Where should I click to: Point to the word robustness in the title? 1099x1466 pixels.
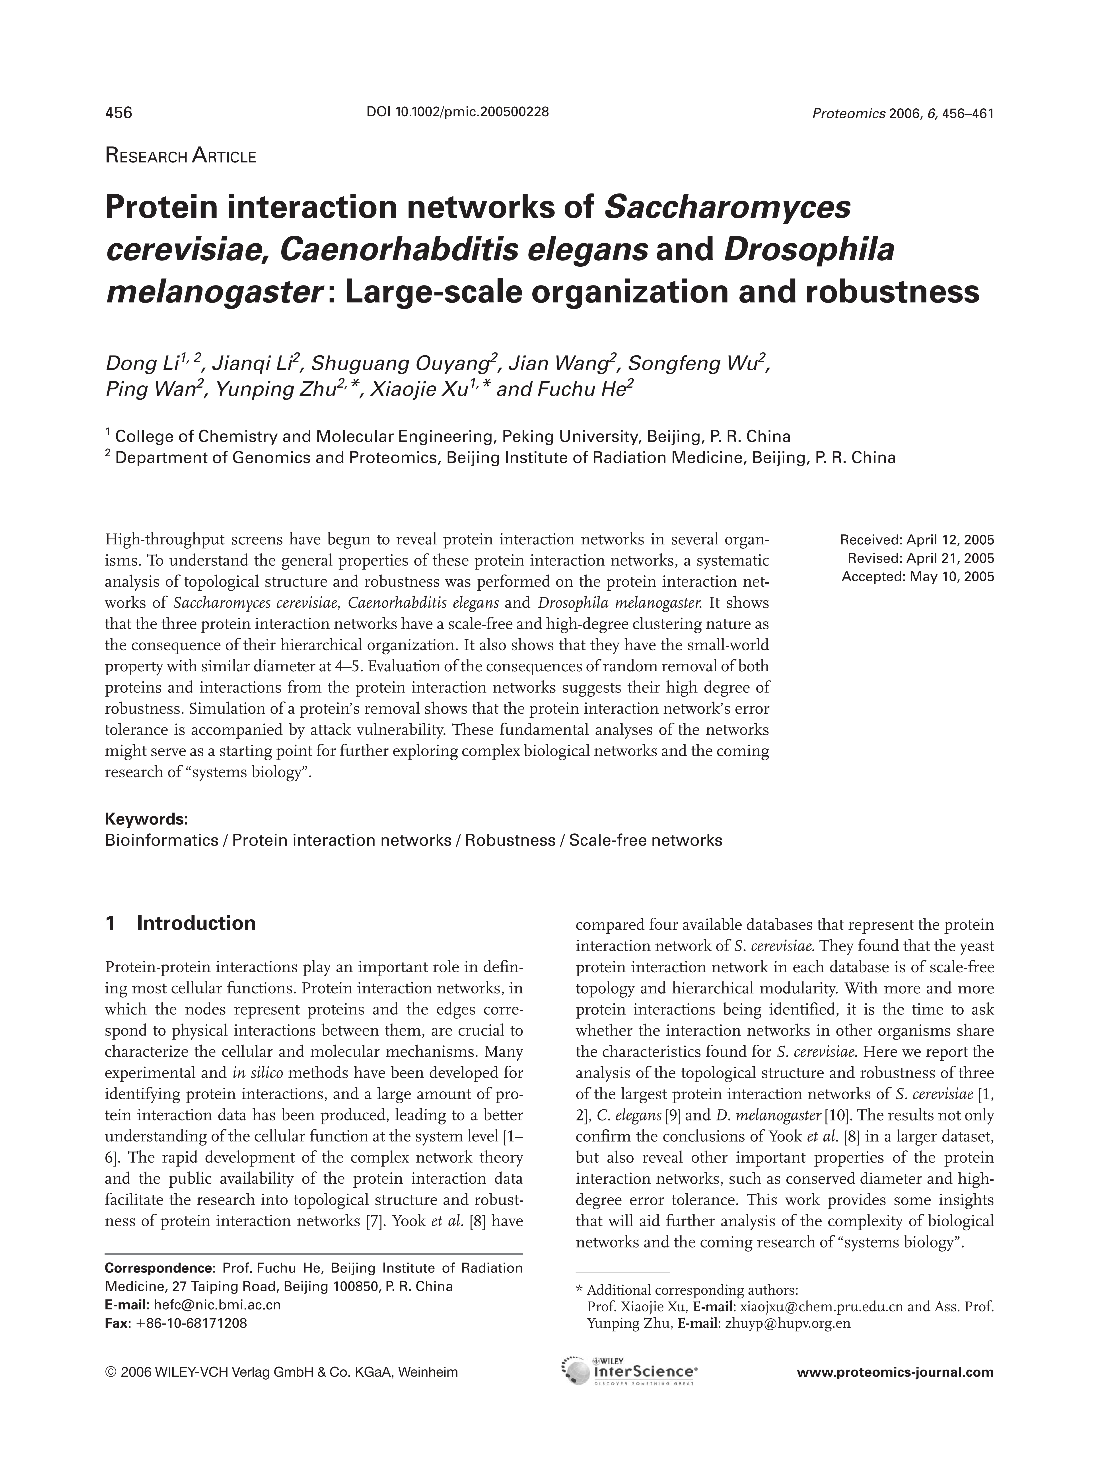pyautogui.click(x=892, y=292)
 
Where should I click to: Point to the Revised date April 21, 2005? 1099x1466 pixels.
pyautogui.click(x=921, y=558)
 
